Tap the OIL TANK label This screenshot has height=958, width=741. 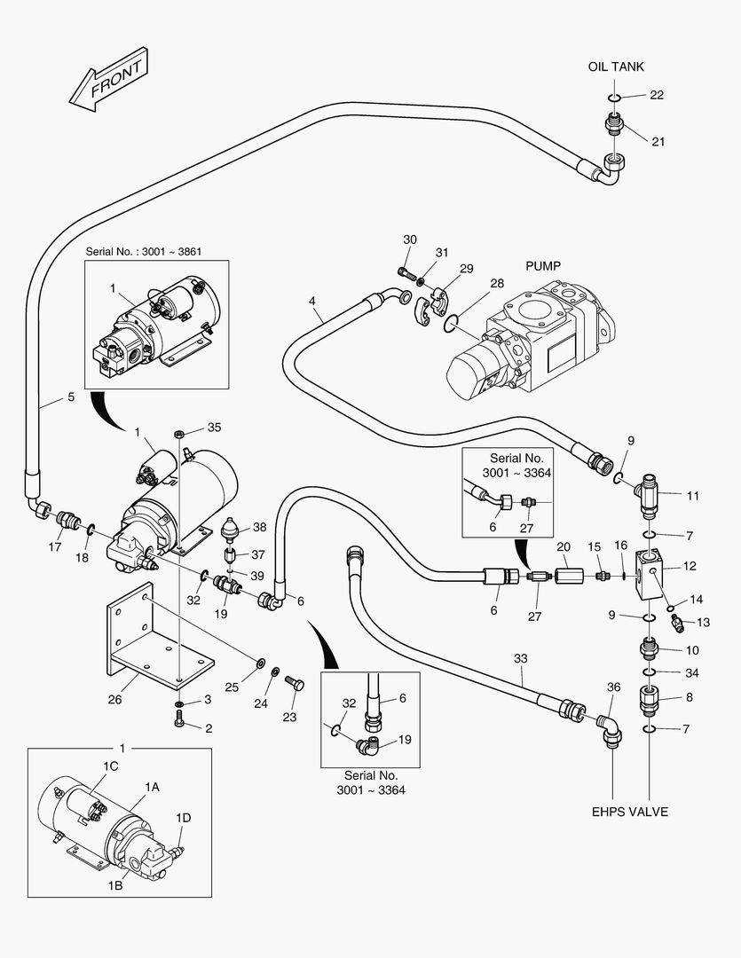point(615,67)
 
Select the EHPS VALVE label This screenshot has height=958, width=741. point(630,812)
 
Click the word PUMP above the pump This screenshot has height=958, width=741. point(543,265)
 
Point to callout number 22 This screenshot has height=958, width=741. point(657,95)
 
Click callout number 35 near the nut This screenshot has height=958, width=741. point(214,428)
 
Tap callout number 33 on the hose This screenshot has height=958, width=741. point(520,658)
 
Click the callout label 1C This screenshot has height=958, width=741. point(110,765)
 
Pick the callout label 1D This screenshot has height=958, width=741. point(184,817)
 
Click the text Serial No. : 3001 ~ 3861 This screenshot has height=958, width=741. point(143,251)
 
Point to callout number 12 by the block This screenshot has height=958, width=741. point(690,566)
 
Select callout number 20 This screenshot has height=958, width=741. point(563,546)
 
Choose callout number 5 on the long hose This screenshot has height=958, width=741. point(71,397)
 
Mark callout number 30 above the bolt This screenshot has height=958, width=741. point(409,239)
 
